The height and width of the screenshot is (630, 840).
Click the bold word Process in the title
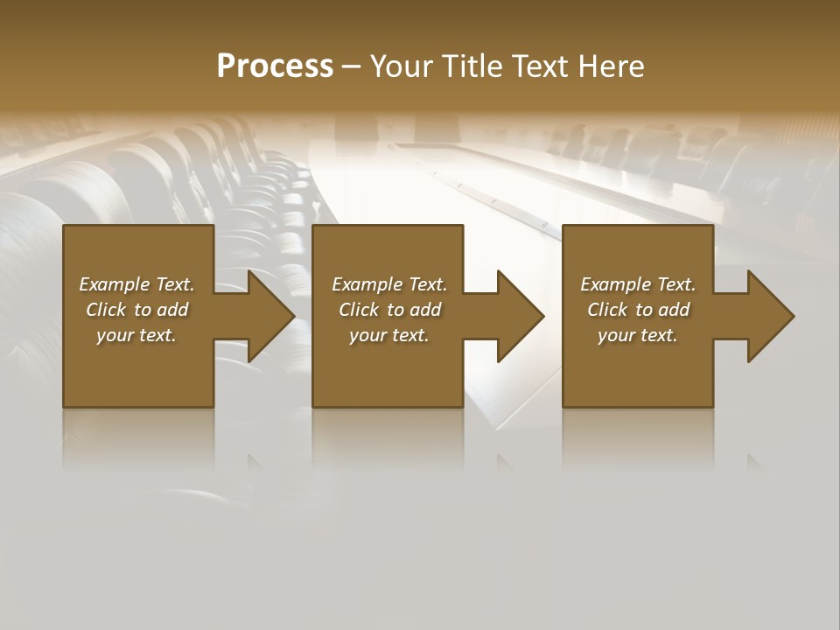(275, 66)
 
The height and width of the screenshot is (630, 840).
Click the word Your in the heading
(401, 66)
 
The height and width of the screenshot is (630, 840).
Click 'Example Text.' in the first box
(136, 284)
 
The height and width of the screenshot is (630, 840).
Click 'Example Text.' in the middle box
(389, 284)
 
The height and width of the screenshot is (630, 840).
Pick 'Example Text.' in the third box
(638, 284)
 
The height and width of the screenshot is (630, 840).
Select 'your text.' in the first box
(136, 335)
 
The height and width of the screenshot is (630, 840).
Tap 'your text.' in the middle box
(389, 335)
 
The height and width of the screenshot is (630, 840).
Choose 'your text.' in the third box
(638, 335)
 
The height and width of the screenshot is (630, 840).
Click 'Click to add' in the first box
(136, 310)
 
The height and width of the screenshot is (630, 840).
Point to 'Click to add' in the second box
(389, 310)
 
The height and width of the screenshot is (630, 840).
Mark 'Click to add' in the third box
(638, 310)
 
